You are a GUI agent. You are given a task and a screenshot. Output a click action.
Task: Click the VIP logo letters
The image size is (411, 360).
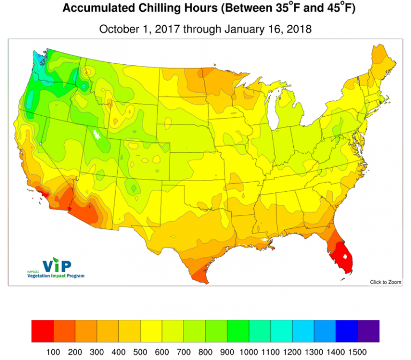[57, 265]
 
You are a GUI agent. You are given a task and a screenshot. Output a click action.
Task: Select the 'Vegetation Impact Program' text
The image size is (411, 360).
[56, 275]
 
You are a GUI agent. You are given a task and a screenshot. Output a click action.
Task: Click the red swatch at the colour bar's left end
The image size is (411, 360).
[42, 330]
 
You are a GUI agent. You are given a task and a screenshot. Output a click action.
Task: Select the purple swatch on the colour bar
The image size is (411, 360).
[369, 330]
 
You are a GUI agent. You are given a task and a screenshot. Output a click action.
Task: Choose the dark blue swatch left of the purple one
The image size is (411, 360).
[347, 330]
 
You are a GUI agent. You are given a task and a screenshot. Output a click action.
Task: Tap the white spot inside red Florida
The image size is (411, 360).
[346, 256]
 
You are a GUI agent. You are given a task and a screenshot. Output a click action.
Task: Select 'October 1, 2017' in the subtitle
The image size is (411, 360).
[139, 29]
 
